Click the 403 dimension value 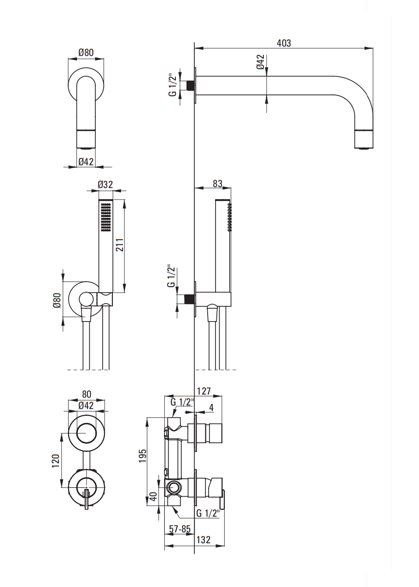[284, 43]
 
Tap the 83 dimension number [217, 183]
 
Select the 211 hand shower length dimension [120, 245]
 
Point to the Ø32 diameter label [105, 184]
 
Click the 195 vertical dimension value [142, 456]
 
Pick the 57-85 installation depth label [180, 529]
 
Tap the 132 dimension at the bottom [204, 540]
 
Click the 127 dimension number [204, 391]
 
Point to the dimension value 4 [211, 407]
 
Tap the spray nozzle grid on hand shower [105, 217]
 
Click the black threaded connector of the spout [191, 85]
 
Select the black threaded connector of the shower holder [190, 299]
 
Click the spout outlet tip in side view [364, 140]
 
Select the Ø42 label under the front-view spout [86, 161]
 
